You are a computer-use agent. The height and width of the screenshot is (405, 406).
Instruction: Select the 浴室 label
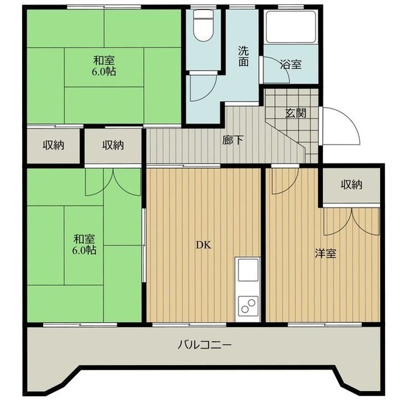point(291,64)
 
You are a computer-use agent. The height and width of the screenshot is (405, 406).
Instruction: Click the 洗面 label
point(244,56)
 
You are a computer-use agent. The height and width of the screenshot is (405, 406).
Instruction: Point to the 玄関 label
point(296,113)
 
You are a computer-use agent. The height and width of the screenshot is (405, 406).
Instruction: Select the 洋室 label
point(325,253)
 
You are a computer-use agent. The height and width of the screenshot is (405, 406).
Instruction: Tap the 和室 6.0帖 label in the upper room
point(105,66)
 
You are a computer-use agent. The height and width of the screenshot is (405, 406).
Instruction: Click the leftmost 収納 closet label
point(53,145)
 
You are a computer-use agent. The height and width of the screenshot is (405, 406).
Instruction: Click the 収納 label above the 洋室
point(351,184)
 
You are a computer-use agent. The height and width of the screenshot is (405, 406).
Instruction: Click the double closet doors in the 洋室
point(351,219)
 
